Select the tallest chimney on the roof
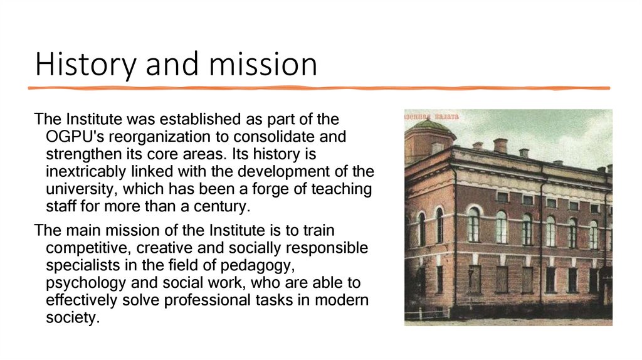(x=500, y=146)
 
